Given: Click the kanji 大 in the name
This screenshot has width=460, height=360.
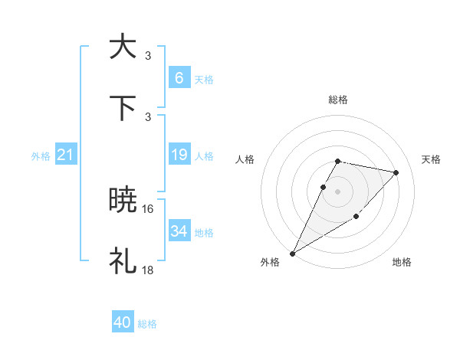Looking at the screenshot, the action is (123, 46).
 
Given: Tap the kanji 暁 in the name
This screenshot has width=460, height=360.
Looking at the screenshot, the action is (123, 200).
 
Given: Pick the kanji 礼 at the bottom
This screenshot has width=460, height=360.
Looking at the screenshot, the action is (123, 261).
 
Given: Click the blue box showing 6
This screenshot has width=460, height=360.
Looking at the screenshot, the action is (179, 77).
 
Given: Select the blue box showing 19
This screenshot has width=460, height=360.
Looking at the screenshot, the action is (179, 155).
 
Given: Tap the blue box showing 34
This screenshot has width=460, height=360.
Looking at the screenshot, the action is (179, 231).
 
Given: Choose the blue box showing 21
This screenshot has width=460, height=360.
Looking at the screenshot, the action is (66, 155).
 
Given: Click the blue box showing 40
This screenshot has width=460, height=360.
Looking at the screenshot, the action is (123, 323).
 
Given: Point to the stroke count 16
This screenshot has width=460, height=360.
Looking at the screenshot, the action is (148, 208).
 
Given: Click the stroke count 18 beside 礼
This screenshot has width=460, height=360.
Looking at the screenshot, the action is (148, 270).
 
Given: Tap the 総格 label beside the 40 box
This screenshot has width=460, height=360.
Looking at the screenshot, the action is (147, 324).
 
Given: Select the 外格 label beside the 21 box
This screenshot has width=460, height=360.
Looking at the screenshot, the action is (41, 156).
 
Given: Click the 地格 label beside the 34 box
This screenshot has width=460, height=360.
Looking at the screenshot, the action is (204, 232).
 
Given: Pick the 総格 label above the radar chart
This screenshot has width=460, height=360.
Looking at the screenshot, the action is (337, 100).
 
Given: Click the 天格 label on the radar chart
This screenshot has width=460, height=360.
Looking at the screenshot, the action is (431, 159).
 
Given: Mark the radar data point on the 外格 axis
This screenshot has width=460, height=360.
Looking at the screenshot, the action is (293, 253).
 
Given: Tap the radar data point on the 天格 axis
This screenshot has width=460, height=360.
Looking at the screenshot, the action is (396, 172).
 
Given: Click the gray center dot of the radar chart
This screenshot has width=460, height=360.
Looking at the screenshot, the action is (337, 191).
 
